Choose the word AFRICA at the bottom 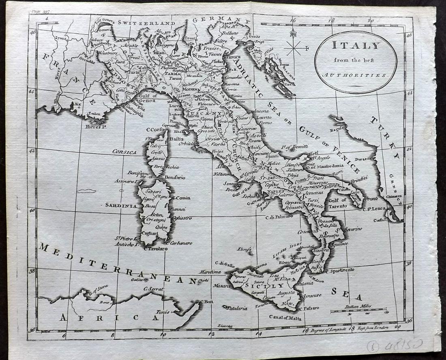pyautogui.click(x=109, y=318)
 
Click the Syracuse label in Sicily pyautogui.click(x=311, y=295)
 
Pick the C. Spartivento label pyautogui.click(x=340, y=270)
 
